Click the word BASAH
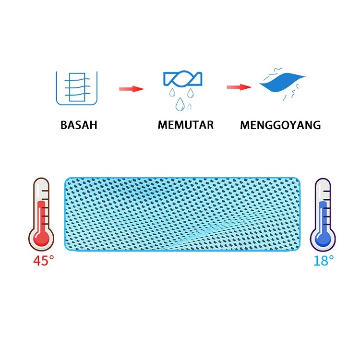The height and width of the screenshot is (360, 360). coord(79,125)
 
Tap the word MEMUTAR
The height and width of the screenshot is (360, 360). coord(185,125)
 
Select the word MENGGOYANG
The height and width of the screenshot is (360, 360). coord(280,126)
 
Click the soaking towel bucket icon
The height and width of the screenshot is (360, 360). coord(76,88)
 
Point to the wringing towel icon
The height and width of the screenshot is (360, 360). coord(182,79)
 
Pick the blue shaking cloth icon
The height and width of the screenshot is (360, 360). coord(283,86)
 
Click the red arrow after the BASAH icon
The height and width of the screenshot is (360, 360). coord(131,89)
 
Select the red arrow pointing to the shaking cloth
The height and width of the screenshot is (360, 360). coord(239,87)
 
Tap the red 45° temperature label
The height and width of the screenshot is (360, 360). coord(43,262)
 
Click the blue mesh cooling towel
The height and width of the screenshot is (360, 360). coord(184,213)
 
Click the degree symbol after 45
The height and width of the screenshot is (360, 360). coord(52,257)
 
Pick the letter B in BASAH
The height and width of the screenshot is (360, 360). coord(64,125)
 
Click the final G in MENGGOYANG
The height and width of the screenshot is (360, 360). coord(316,126)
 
